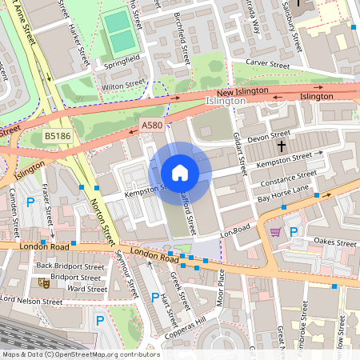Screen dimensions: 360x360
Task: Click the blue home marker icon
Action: point(180,173)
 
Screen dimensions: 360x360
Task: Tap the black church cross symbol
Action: point(281,146)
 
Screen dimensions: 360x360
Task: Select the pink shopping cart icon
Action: point(276,231)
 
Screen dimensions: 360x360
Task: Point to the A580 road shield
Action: point(151,126)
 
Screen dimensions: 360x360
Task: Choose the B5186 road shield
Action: point(57,137)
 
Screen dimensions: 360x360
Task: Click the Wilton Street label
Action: point(123,83)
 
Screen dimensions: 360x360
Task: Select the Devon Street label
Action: point(269,138)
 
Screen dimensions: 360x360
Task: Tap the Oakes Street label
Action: point(334,241)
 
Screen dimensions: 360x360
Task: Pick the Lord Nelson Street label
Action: point(31,302)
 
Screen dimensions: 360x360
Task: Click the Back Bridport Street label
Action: point(70,266)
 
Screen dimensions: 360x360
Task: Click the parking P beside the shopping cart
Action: point(293,232)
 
